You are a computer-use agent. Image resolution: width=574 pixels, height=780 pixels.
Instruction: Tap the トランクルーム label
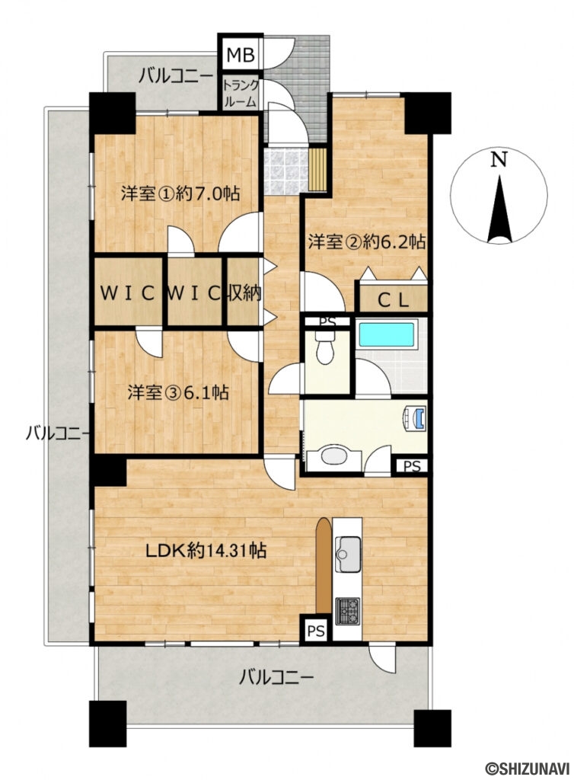[240, 92]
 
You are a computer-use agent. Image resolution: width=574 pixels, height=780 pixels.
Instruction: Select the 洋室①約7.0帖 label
[180, 193]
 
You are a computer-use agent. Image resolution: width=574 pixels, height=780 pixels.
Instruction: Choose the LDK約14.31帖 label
[206, 550]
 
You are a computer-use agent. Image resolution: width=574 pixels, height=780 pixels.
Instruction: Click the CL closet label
[394, 299]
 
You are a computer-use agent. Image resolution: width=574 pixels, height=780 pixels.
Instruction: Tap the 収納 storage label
[244, 293]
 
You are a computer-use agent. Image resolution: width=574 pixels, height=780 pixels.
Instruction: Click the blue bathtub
[386, 334]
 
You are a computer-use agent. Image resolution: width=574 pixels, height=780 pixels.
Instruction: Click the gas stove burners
[349, 608]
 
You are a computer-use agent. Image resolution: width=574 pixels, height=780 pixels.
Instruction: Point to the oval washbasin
[334, 456]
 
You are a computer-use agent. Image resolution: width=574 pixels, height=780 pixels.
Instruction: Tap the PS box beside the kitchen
[317, 630]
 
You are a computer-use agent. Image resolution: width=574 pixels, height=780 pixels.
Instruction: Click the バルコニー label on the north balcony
[175, 75]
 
